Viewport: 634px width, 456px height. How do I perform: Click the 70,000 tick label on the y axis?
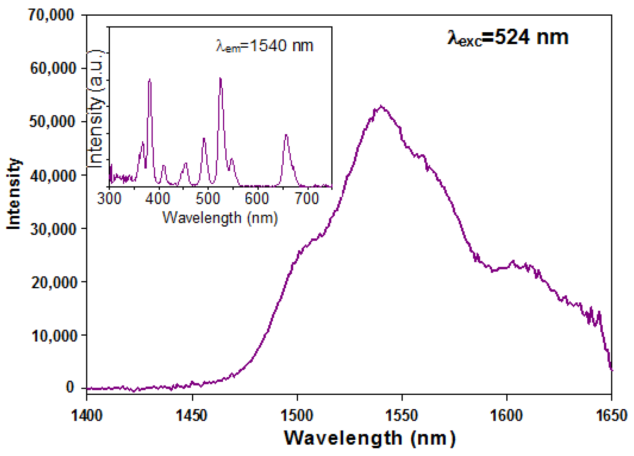[51, 15]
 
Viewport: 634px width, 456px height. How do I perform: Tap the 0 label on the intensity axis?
[70, 387]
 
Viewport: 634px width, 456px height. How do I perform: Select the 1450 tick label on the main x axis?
[192, 416]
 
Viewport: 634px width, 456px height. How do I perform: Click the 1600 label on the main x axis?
[506, 416]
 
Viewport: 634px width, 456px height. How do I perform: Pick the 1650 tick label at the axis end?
[611, 416]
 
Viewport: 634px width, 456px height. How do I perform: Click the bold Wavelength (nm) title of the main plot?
[370, 438]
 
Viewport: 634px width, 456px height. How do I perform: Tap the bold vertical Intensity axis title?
[14, 194]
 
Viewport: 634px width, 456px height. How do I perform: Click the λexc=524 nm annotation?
[508, 38]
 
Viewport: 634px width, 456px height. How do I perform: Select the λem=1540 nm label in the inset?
[264, 46]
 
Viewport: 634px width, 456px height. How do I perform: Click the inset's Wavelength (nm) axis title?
[220, 218]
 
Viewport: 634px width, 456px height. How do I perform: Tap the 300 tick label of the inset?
[109, 198]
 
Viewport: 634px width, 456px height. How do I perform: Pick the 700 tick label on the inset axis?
[307, 198]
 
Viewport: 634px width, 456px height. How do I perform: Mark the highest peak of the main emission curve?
[381, 106]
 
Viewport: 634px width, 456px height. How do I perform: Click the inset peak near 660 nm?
[286, 135]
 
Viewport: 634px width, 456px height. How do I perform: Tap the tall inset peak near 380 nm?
[150, 80]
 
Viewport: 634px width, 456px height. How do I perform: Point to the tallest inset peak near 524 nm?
[220, 79]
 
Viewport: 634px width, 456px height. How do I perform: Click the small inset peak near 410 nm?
[164, 166]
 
